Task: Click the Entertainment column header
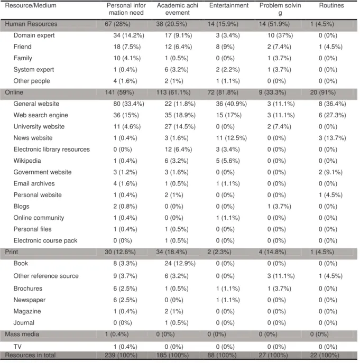pos(229,5)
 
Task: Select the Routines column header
pos(331,5)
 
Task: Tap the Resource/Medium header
pos(31,5)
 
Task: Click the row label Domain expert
pos(34,35)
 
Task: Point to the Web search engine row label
pos(41,115)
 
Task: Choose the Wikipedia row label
pos(27,161)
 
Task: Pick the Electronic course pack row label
pos(45,240)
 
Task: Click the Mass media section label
pos(22,334)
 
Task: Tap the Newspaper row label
pos(30,300)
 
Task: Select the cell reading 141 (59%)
pos(119,92)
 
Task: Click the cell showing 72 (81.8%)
pos(223,92)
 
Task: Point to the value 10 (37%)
pos(280,35)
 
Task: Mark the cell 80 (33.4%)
pos(128,104)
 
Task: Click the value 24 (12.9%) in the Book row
pos(180,264)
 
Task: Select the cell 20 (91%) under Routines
pos(323,92)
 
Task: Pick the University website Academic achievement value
pos(180,127)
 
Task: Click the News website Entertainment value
pos(231,138)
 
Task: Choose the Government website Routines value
pos(330,172)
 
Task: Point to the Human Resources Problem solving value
pos(274,24)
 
